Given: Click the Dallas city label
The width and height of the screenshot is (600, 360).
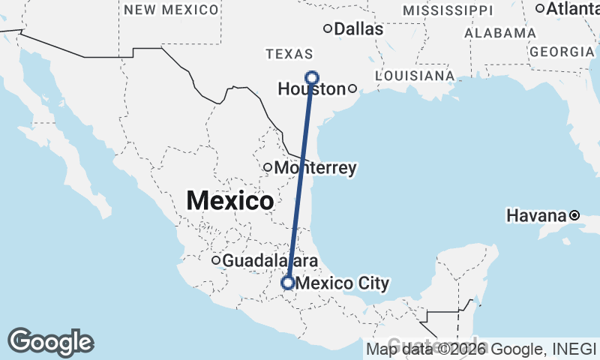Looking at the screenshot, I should (x=358, y=29).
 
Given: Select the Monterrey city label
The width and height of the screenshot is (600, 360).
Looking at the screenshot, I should (x=315, y=168).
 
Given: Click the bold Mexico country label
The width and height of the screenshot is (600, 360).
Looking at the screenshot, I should (x=229, y=201).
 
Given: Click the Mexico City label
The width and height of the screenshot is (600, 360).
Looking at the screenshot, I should (x=343, y=283).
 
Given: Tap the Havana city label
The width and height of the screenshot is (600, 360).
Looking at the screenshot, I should (x=536, y=215).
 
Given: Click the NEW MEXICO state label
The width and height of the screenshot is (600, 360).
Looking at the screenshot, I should (x=172, y=10).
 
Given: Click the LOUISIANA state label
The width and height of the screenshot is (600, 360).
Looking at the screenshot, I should (x=414, y=76).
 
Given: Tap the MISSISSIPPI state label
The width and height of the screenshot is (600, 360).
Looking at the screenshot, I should (x=448, y=10).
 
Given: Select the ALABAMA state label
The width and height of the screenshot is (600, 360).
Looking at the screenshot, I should (x=500, y=33).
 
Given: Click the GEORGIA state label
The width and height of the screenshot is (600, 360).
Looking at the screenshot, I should (x=561, y=51).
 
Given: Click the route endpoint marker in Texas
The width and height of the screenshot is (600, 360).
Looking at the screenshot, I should (x=312, y=77).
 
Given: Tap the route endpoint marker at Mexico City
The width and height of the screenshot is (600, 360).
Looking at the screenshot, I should (x=287, y=283).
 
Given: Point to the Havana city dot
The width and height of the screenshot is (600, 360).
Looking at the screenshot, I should (x=574, y=215).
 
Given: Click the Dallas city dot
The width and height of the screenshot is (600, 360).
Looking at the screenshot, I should (x=328, y=28).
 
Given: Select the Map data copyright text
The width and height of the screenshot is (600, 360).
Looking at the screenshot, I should (x=481, y=349).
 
